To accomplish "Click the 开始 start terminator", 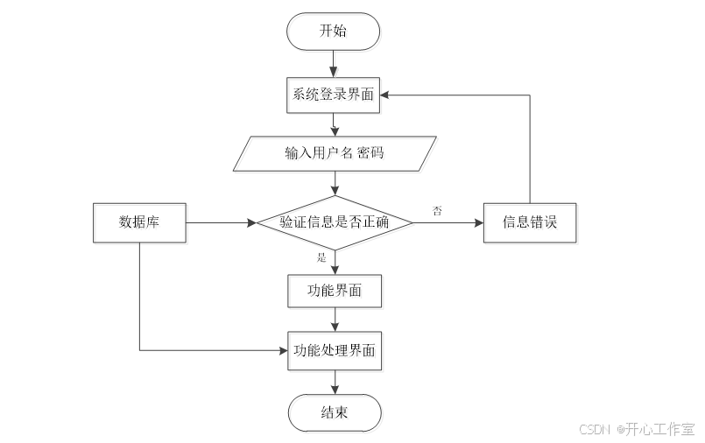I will tap(334, 32).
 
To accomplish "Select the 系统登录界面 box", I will tap(334, 95).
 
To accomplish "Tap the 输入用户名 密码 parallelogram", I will tap(334, 153).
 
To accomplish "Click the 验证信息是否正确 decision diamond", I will tap(334, 222).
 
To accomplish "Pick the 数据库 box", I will tap(139, 222).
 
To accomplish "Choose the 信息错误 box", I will tap(530, 222).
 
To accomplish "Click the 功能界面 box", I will tap(335, 291).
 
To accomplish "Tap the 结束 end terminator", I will tap(335, 412).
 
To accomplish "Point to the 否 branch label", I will tap(436, 211).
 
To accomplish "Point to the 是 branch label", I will tap(321, 257).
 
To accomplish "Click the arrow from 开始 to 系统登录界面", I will tap(334, 63).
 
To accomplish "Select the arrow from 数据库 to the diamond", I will tap(219, 222).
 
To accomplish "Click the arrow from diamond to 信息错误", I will tap(447, 222).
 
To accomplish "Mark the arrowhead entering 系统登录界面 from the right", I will tap(388, 95).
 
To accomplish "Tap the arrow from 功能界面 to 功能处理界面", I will tap(335, 320).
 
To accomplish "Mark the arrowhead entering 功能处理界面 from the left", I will tap(283, 350).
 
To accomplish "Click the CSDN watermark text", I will tap(596, 429).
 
